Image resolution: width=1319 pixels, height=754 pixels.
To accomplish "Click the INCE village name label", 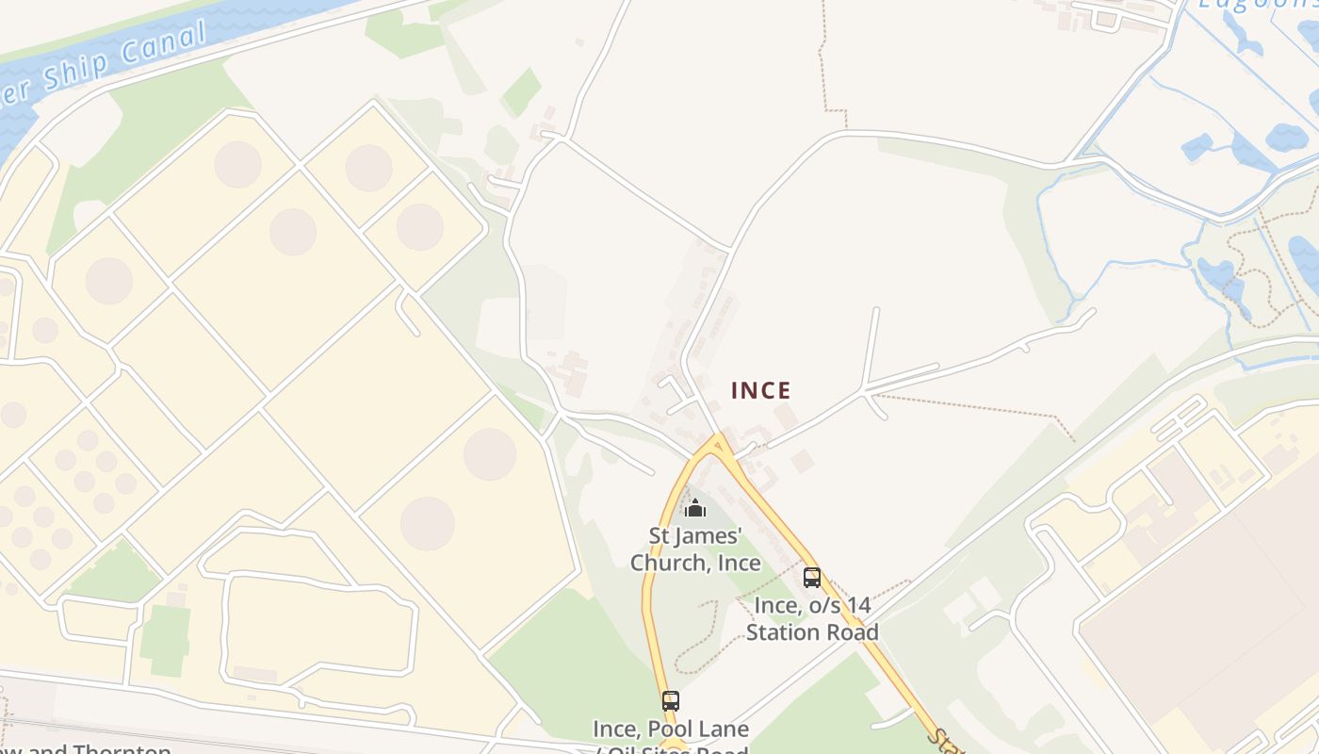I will [761, 390].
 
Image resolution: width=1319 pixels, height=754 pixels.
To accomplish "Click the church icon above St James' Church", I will [695, 509].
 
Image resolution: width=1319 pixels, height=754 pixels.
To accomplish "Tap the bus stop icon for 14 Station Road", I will [811, 578].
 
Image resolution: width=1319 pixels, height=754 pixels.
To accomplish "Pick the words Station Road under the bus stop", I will [812, 631].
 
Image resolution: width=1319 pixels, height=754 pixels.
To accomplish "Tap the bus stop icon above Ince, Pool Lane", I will [671, 701].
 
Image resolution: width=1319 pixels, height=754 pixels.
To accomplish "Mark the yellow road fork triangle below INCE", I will [720, 443].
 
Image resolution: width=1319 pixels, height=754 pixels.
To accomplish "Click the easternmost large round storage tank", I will [490, 453].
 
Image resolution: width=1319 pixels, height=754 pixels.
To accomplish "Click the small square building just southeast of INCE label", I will [802, 461].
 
